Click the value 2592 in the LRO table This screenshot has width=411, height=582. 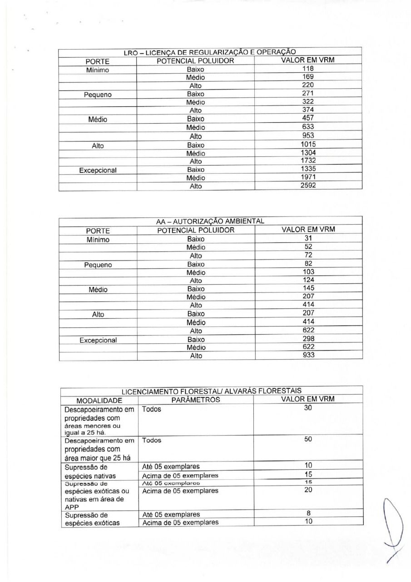coord(308,185)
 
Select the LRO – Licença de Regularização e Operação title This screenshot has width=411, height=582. coord(210,52)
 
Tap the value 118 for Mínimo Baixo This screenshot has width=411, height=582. coord(308,69)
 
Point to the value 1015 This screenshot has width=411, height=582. coord(308,144)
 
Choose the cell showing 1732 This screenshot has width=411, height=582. coord(308,161)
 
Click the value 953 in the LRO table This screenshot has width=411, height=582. coord(308,135)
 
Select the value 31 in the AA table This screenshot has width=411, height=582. coord(308,238)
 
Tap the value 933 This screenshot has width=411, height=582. coord(308,355)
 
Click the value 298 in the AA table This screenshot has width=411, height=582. coord(308,339)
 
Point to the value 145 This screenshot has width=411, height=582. coord(308,288)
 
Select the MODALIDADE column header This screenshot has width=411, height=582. coord(99,401)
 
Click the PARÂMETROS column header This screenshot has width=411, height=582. coord(196,400)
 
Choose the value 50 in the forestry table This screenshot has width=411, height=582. coord(308,440)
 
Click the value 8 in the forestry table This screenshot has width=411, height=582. coord(308,513)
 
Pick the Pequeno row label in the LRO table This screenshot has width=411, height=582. coord(98,95)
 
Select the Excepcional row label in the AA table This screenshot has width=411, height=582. coord(98,340)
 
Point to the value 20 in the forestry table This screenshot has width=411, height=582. coord(308,490)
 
